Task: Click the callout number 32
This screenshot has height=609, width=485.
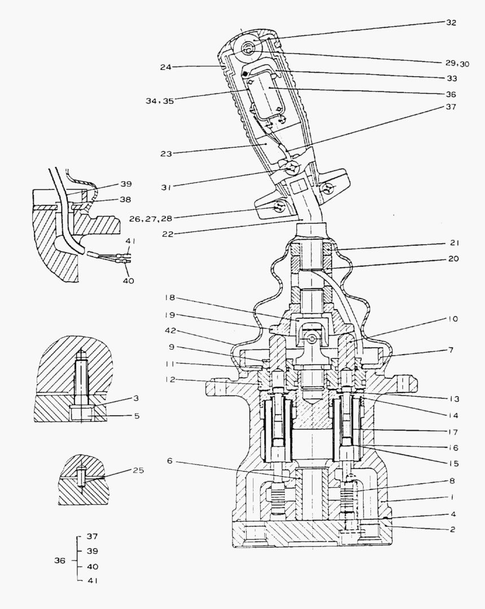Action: [450, 23]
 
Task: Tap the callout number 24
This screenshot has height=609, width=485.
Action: [165, 67]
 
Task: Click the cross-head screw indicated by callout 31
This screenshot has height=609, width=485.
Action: [291, 168]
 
